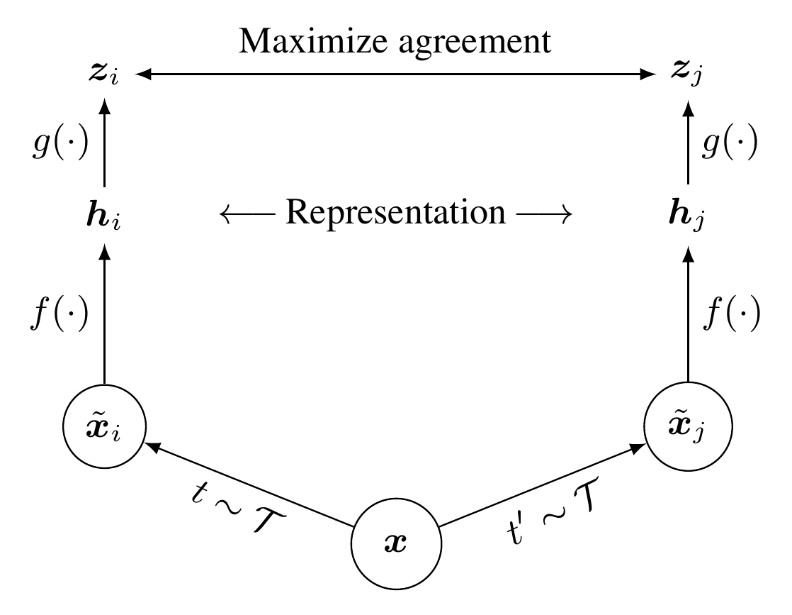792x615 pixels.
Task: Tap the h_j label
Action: click(688, 214)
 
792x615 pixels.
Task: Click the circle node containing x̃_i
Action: click(104, 427)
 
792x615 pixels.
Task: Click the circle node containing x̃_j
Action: click(688, 427)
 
